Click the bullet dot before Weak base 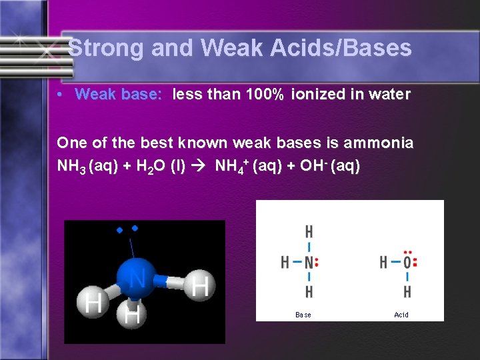[61, 95]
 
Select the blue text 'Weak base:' [119, 95]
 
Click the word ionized [317, 95]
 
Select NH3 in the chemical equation [72, 165]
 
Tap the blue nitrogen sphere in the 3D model [137, 277]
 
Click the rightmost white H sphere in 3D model [199, 286]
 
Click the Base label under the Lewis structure [303, 315]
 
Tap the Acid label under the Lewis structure [401, 315]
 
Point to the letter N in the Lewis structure [308, 262]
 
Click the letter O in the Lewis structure [407, 262]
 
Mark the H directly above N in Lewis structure [309, 232]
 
